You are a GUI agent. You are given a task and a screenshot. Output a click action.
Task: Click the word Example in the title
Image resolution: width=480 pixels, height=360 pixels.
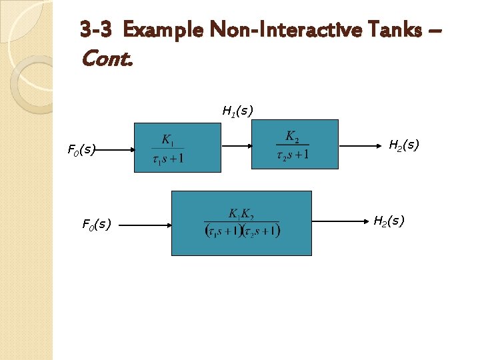pyautogui.click(x=164, y=29)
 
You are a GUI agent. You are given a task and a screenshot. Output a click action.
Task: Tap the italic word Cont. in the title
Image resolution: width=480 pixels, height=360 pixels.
pyautogui.click(x=107, y=59)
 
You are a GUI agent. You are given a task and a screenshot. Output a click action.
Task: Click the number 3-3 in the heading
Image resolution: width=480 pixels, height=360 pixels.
pyautogui.click(x=99, y=29)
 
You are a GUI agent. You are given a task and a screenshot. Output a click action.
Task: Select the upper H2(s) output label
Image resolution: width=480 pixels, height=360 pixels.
pyautogui.click(x=403, y=145)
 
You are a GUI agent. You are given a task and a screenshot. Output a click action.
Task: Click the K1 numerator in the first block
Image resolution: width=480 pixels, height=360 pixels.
pyautogui.click(x=167, y=141)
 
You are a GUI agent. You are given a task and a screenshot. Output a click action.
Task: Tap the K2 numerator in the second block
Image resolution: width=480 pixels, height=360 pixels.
pyautogui.click(x=292, y=136)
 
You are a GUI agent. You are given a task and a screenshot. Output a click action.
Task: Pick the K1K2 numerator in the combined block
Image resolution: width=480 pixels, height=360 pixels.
pyautogui.click(x=241, y=215)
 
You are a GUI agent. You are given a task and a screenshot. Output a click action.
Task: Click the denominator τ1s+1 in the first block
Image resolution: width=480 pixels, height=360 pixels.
pyautogui.click(x=168, y=159)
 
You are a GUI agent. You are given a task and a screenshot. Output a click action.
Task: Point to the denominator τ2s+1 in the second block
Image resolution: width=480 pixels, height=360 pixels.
pyautogui.click(x=292, y=155)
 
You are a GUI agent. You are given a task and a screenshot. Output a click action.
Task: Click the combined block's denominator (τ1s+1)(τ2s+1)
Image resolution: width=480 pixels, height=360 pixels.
pyautogui.click(x=242, y=231)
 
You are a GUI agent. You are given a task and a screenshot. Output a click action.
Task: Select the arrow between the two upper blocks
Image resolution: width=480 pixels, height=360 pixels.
pyautogui.click(x=237, y=145)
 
